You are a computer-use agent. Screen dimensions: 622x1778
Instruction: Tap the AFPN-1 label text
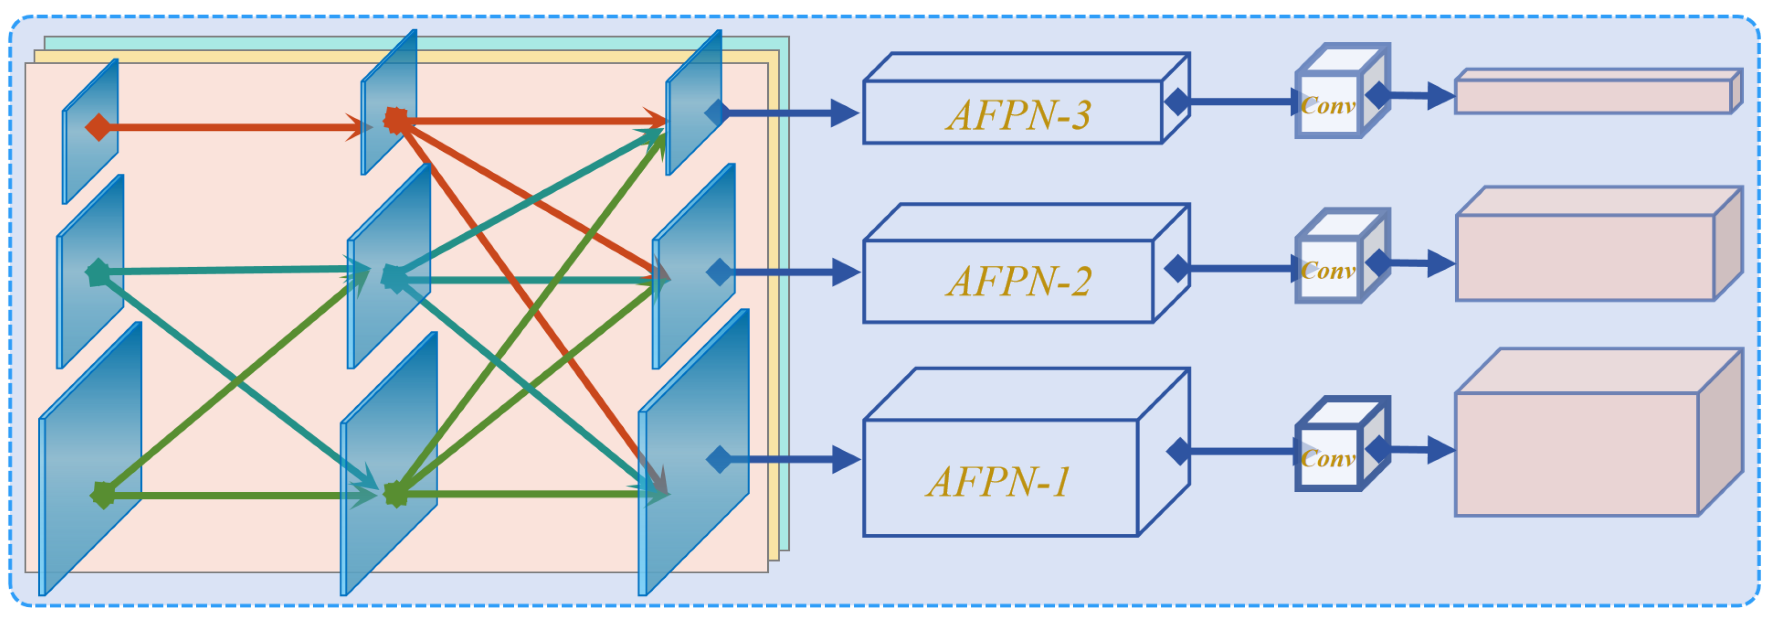click(x=998, y=481)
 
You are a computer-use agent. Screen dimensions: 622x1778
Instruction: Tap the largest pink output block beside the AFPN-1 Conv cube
click(x=1581, y=452)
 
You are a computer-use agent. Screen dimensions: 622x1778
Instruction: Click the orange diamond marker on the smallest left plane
click(x=98, y=127)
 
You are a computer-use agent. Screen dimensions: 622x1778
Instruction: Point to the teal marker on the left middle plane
click(x=98, y=273)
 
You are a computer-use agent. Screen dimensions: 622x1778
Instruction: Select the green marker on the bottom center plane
click(x=396, y=494)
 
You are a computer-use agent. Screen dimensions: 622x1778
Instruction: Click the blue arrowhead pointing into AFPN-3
click(x=844, y=112)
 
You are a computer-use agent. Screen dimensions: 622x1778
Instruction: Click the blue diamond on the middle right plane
click(x=719, y=272)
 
